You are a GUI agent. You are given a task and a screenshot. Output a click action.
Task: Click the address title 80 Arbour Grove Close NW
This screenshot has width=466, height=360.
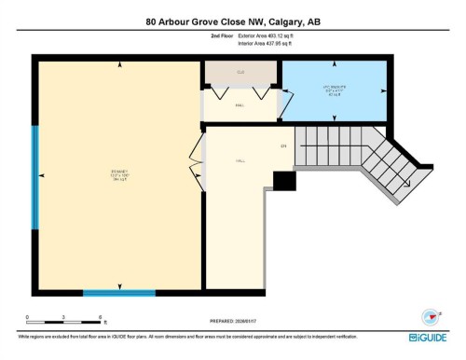coord(233,21)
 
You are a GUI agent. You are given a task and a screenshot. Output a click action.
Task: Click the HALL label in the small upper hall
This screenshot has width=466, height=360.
coord(240,106)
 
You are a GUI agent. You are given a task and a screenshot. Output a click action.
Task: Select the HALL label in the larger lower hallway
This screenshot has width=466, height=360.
coord(240,160)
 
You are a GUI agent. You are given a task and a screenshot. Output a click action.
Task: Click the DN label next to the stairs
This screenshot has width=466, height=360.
coord(282,146)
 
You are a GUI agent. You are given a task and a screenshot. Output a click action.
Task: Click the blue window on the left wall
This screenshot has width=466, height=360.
coord(35,177)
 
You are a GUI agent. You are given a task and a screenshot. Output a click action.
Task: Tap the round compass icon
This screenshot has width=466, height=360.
coord(430,316)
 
